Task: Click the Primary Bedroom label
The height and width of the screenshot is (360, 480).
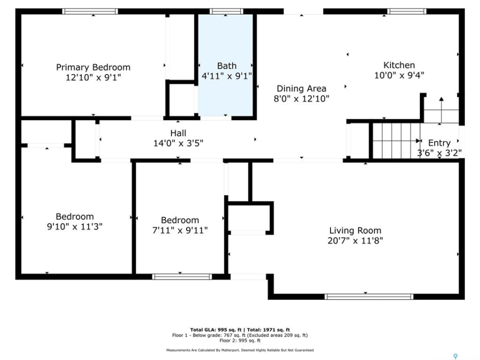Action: pos(93,67)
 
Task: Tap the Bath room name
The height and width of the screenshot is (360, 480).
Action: pos(226,66)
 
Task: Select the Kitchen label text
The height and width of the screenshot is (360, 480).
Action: pos(399,65)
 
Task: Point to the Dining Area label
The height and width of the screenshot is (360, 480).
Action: pos(301,88)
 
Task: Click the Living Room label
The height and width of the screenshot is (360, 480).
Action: pos(355,230)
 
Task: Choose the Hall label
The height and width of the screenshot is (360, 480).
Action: pos(178,133)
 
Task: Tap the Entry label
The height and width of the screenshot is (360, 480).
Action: pos(439,143)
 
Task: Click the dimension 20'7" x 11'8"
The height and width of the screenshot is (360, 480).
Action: pos(355,240)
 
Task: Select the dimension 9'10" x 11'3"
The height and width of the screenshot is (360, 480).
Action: pos(74,226)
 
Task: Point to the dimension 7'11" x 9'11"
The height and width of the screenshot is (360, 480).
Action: pos(180,230)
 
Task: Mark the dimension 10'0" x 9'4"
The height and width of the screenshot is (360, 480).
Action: pos(399,75)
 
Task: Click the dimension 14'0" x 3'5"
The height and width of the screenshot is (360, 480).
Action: pos(178,143)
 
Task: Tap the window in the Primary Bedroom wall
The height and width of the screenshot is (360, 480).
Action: pos(90,11)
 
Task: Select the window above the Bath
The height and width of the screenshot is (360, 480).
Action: pos(226,11)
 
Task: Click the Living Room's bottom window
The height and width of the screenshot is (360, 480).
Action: pos(369,296)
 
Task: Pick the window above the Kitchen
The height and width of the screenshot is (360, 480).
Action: pos(406,11)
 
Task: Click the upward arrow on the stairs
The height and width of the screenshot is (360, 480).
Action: pos(441,110)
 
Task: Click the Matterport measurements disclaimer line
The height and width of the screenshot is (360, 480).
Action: pos(240,350)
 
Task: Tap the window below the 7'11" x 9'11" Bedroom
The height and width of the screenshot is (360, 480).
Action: pos(182,276)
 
